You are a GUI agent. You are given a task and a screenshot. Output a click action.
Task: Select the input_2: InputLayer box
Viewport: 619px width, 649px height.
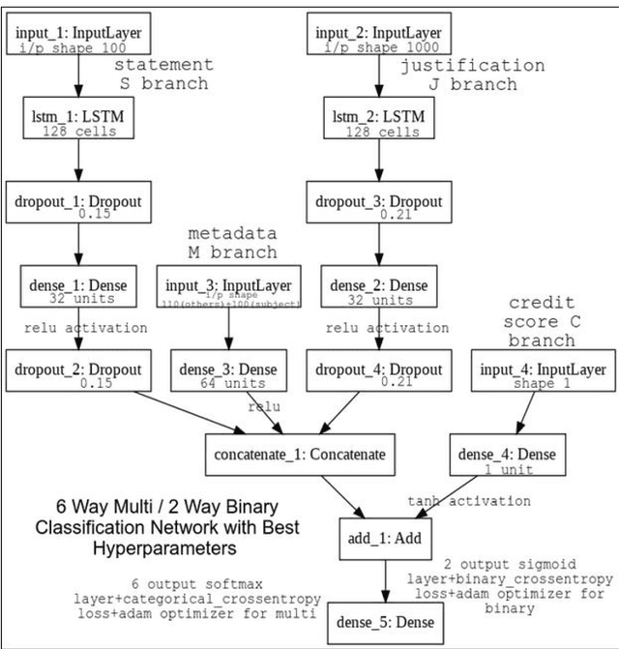[378, 36]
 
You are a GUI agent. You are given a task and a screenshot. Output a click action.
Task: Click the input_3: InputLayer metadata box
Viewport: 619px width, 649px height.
[229, 289]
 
